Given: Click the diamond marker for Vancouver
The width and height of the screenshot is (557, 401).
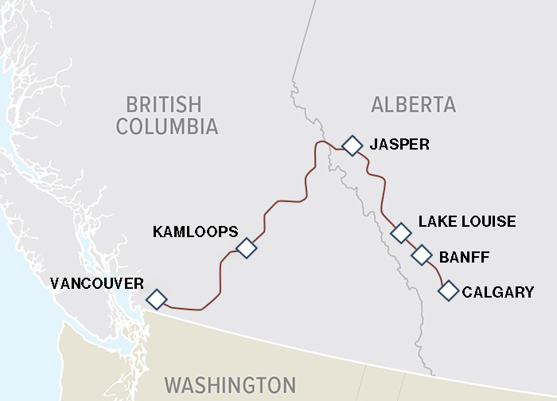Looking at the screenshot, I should point(157,299).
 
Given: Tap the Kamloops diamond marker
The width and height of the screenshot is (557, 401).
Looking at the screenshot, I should point(247,248).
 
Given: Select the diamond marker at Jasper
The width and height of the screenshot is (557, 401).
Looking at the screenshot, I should point(352,145).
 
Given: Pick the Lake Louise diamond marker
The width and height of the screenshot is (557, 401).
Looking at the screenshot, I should point(401,232).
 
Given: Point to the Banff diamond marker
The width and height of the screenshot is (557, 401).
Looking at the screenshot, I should point(422,255).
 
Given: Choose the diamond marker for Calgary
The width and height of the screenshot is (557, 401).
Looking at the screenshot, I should point(449,291).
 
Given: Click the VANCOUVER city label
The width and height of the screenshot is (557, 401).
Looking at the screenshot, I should point(96,283).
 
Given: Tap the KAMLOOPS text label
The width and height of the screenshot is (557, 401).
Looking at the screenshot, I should point(195,232).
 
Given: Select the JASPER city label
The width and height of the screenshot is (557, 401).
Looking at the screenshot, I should point(399,144).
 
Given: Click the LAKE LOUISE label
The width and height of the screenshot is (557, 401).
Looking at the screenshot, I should point(467,221).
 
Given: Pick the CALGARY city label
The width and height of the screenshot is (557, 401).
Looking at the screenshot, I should point(498,292).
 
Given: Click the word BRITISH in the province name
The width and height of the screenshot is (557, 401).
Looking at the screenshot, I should point(164,104).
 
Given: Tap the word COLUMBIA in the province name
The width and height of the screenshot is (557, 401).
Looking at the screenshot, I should point(166,126).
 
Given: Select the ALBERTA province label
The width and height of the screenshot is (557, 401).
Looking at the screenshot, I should point(413,104).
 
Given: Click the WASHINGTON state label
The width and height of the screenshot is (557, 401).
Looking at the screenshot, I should point(230,384).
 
